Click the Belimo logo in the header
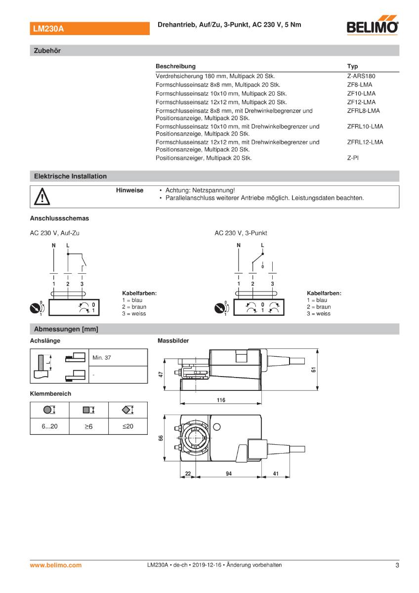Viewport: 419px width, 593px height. (x=374, y=26)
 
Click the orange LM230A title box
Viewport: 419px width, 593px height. (x=89, y=29)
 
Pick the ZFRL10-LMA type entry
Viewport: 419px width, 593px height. (x=365, y=127)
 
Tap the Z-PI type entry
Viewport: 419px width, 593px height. (x=353, y=158)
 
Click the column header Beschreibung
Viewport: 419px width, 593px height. (x=175, y=66)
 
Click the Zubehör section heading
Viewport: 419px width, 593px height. (x=47, y=50)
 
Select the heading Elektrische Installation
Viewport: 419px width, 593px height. (x=70, y=176)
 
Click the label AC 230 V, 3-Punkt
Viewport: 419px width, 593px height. (x=241, y=233)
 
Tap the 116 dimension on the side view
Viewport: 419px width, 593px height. (x=221, y=400)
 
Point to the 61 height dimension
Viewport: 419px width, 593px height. (x=314, y=370)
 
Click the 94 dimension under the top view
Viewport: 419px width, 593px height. (x=229, y=473)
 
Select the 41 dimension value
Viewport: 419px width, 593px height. (x=275, y=473)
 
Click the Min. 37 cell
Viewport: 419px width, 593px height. (x=101, y=357)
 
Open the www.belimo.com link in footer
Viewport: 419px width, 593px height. (x=56, y=565)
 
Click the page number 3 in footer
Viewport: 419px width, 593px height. (x=397, y=565)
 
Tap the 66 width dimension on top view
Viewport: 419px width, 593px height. (x=161, y=438)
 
